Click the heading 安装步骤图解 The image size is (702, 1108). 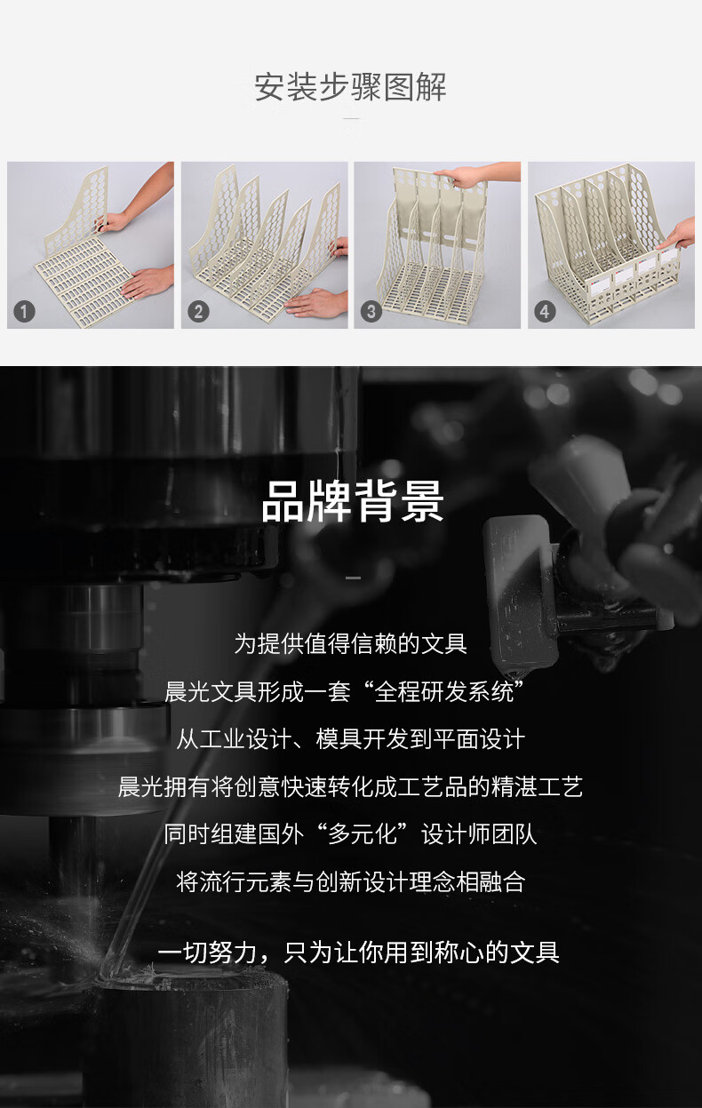pyautogui.click(x=351, y=87)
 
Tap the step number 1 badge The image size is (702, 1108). pyautogui.click(x=24, y=312)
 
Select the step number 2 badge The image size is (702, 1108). pyautogui.click(x=198, y=312)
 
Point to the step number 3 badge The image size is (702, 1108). pyautogui.click(x=371, y=312)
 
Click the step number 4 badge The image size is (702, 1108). pyautogui.click(x=545, y=312)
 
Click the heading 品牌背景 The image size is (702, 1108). pyautogui.click(x=352, y=501)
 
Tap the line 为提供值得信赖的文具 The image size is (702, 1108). pyautogui.click(x=351, y=643)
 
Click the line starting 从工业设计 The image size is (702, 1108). pyautogui.click(x=351, y=739)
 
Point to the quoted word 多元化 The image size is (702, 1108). pyautogui.click(x=363, y=834)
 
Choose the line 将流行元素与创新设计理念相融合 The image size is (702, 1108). pyautogui.click(x=351, y=882)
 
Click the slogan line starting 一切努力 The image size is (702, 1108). pyautogui.click(x=359, y=953)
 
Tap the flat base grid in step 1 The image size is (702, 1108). pyautogui.click(x=84, y=282)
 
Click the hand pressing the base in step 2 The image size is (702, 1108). pyautogui.click(x=316, y=303)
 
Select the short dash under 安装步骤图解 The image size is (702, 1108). pyautogui.click(x=351, y=119)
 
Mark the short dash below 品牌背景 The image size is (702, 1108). pyautogui.click(x=353, y=578)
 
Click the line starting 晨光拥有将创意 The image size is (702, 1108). pyautogui.click(x=351, y=786)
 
